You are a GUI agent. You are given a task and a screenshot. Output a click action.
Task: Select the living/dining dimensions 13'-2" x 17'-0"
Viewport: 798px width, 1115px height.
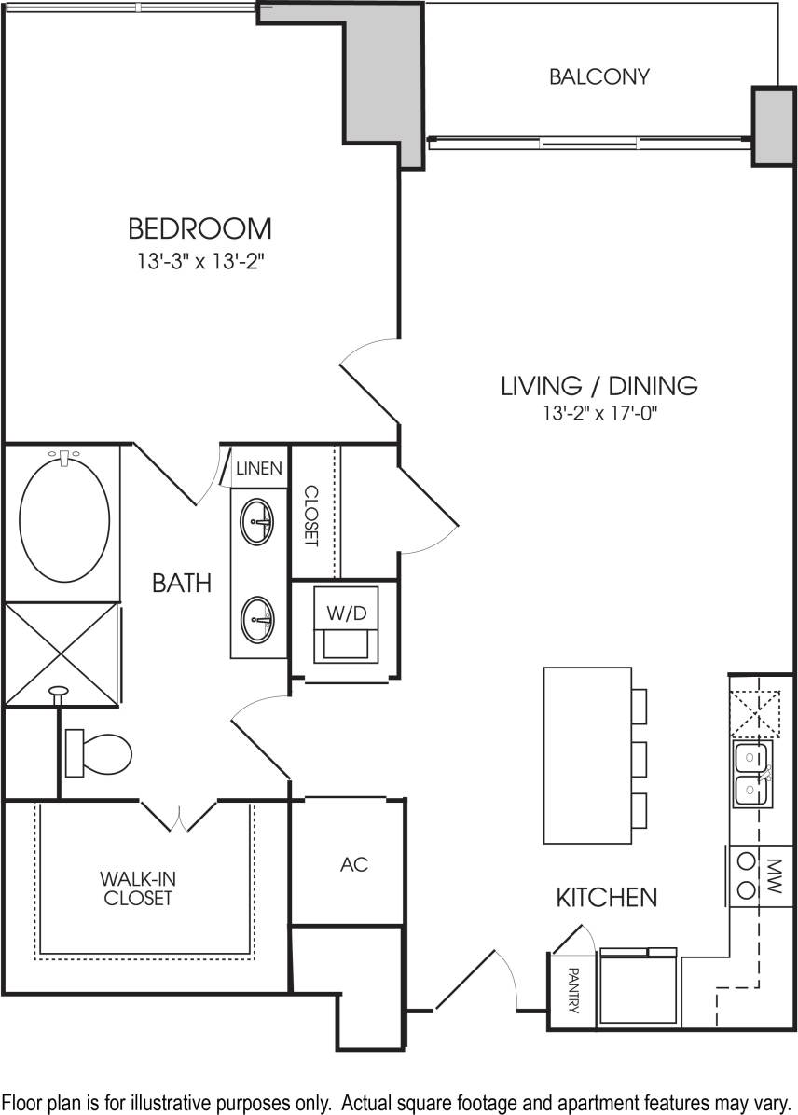pyautogui.click(x=599, y=411)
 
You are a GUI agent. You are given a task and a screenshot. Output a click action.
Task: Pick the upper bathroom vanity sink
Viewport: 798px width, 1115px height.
pyautogui.click(x=258, y=524)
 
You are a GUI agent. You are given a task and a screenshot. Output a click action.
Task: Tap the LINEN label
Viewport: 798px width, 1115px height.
pyautogui.click(x=259, y=468)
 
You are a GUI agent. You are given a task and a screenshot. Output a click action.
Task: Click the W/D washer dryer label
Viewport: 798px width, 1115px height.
pyautogui.click(x=346, y=614)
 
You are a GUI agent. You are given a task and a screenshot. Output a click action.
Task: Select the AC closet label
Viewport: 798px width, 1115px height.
pyautogui.click(x=354, y=864)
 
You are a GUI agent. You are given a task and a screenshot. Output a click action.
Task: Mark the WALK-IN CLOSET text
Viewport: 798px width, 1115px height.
pyautogui.click(x=138, y=888)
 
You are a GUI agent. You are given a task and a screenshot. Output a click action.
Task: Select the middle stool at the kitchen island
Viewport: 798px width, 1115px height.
pyautogui.click(x=639, y=757)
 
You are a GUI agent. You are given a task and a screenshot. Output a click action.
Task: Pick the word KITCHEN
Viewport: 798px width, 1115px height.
pyautogui.click(x=607, y=898)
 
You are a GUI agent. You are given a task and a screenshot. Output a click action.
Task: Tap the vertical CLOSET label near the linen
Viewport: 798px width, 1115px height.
pyautogui.click(x=311, y=516)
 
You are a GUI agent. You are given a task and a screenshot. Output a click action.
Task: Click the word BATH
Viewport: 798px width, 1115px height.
pyautogui.click(x=182, y=584)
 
